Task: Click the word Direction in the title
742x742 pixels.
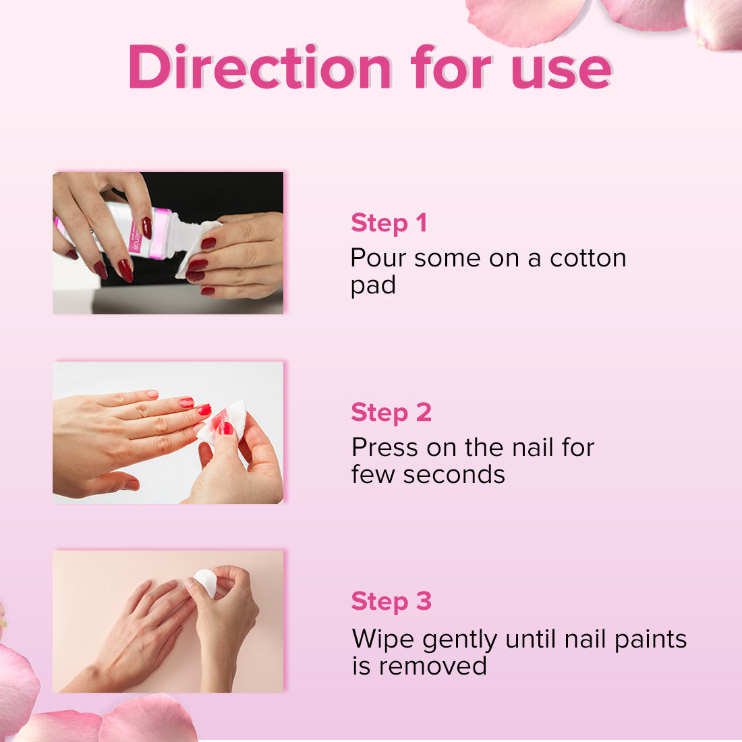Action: click(260, 67)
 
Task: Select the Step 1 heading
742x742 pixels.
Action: click(389, 223)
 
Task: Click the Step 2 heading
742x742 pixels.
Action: click(391, 412)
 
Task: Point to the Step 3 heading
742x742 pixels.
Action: click(391, 602)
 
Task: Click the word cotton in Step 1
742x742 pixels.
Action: click(588, 258)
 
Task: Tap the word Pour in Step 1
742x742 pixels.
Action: click(378, 258)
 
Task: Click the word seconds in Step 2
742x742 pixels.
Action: click(454, 475)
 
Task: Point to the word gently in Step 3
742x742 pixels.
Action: click(459, 641)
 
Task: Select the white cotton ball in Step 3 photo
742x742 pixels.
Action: click(206, 582)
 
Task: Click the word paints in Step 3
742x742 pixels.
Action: click(651, 639)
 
